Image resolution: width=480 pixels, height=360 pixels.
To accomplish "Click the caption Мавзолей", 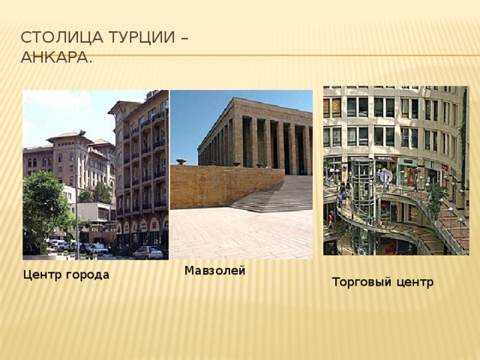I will pyautogui.click(x=214, y=271).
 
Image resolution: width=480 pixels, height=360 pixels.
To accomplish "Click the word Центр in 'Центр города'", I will pyautogui.click(x=41, y=274).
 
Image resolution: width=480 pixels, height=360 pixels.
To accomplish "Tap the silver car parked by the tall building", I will pyautogui.click(x=148, y=252).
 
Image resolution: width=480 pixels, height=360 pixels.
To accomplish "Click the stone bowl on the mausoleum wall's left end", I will pyautogui.click(x=181, y=161).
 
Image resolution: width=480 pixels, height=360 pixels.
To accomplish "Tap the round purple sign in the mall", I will pyautogui.click(x=385, y=176).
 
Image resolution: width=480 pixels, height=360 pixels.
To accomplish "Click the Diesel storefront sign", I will pyautogui.click(x=385, y=158).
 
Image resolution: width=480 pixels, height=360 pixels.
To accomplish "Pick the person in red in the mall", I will pyautogui.click(x=331, y=220).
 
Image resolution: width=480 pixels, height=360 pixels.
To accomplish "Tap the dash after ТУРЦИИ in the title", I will pyautogui.click(x=184, y=39).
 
